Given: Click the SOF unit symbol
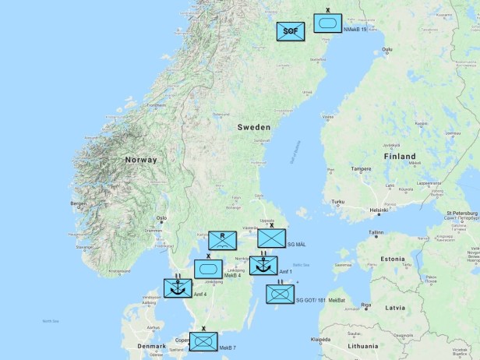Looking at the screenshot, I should coord(291,31).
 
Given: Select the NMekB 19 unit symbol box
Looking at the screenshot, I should coord(327,23).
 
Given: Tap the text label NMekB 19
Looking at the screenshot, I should coord(355,30).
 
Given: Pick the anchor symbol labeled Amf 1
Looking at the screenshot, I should coord(263,266).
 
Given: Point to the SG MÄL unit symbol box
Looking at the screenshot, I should coord(272,238).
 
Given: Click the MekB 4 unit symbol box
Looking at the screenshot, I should coord(208,269).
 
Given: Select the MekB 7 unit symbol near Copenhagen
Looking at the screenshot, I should coord(203,341).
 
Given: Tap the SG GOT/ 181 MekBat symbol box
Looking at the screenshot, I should coord(280,294).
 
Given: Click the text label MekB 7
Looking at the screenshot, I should coord(228,348).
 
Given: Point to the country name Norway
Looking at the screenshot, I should coord(140,160).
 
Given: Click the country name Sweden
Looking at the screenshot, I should coord(253,127).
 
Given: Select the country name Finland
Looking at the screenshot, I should coord(399,156).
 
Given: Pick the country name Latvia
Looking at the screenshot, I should coord(395,307).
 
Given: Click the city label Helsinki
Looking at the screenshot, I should coord(379,210).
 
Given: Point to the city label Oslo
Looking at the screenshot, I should coord(162,219).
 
